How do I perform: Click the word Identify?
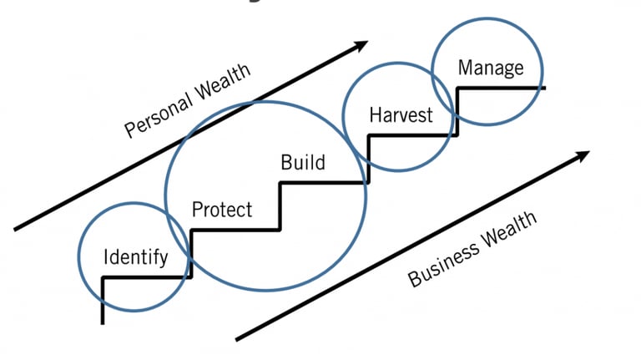click(x=134, y=257)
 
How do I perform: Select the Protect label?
click(x=221, y=209)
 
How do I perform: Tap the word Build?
click(x=302, y=162)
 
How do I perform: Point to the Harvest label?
click(x=401, y=114)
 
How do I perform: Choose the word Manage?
click(x=491, y=68)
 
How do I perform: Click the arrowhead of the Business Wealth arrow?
click(x=584, y=155)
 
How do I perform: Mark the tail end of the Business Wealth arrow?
click(x=238, y=339)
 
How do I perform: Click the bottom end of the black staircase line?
click(x=102, y=322)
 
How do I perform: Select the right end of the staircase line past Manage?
click(x=543, y=88)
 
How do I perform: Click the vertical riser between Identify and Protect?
click(x=191, y=253)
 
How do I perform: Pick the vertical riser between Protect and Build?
click(x=280, y=205)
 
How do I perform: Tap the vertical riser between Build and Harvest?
click(x=367, y=159)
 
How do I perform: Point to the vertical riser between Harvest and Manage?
click(x=455, y=111)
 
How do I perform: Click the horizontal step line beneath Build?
click(x=323, y=182)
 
